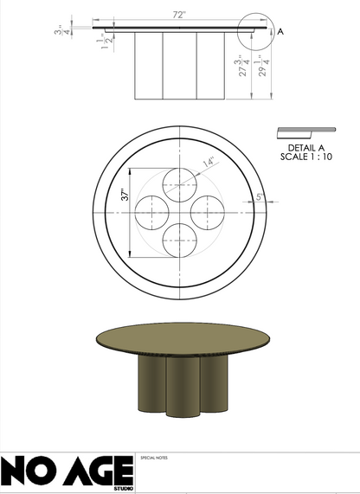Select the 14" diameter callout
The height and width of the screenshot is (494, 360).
coord(208,161)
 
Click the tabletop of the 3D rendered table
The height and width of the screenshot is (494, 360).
coord(179,338)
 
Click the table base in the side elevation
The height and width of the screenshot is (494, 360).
coord(179,66)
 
